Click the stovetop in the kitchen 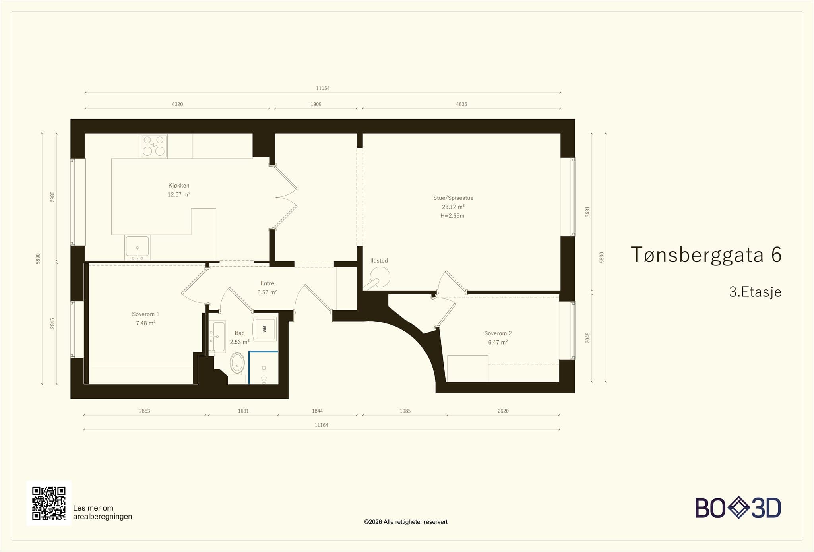click(x=153, y=146)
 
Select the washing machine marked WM click(x=265, y=329)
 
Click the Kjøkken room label click(x=179, y=186)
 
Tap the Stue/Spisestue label click(x=453, y=198)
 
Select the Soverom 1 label click(x=145, y=314)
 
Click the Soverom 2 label click(x=498, y=333)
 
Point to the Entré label click(x=267, y=283)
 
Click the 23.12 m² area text click(x=453, y=207)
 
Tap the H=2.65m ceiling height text click(x=452, y=216)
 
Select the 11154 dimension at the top click(x=323, y=88)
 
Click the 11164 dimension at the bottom click(x=321, y=425)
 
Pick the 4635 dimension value click(x=461, y=104)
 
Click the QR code click(x=49, y=503)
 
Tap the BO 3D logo click(x=738, y=507)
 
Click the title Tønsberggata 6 click(x=706, y=255)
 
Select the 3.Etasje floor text click(x=755, y=292)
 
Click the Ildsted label click(x=379, y=261)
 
